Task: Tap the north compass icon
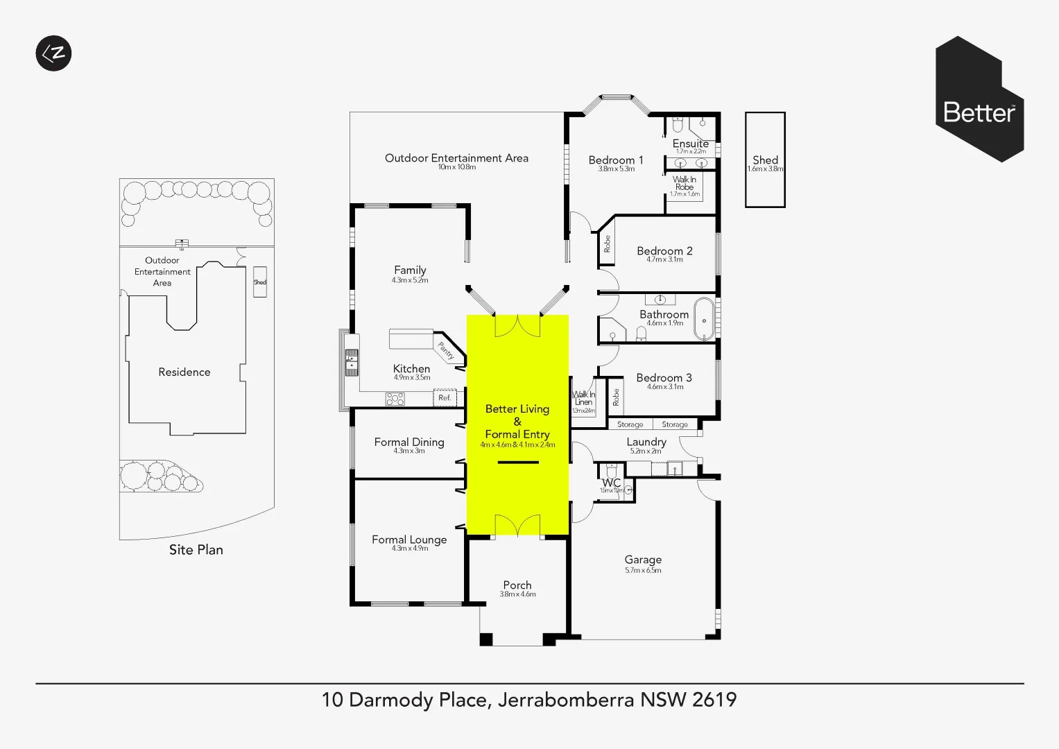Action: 53,53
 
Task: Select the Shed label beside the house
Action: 765,160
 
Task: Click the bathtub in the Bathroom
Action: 704,320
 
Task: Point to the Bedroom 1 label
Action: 616,160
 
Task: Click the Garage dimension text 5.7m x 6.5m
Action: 643,571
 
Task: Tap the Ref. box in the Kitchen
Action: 445,397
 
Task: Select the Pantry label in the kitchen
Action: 446,351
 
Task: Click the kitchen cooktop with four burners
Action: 395,399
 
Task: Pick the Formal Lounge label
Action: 409,540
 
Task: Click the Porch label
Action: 517,585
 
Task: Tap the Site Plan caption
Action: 196,550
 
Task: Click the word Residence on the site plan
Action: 184,372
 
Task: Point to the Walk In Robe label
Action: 685,183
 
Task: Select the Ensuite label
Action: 691,144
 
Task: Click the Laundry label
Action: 646,442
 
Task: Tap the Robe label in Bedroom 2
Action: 608,243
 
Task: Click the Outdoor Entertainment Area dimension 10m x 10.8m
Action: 457,167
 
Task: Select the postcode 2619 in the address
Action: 714,700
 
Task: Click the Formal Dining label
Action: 409,442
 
